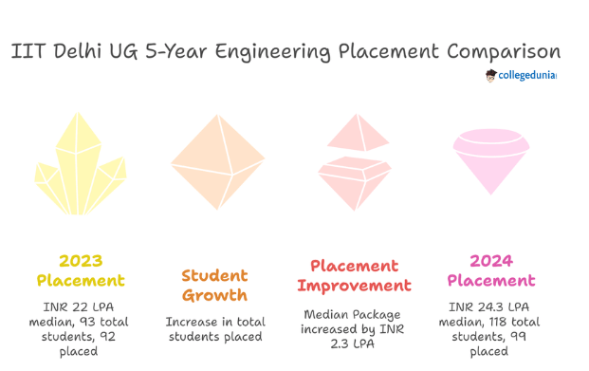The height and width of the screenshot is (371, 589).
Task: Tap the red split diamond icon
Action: point(354,161)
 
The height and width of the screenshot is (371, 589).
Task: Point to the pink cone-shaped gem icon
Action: point(490,159)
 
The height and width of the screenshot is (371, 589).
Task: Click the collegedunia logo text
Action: point(527,75)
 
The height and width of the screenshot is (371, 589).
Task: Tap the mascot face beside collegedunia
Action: point(490,75)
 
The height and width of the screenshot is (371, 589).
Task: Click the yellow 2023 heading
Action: point(81,260)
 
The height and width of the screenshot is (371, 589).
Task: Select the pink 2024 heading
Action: point(490,260)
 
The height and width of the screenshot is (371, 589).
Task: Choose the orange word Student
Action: point(215,275)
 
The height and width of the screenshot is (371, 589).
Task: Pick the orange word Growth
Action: point(215,295)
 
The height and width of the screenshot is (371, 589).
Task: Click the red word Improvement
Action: point(354,285)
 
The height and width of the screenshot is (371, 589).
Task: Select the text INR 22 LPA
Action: point(81,306)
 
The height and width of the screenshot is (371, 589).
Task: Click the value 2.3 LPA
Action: point(354,344)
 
